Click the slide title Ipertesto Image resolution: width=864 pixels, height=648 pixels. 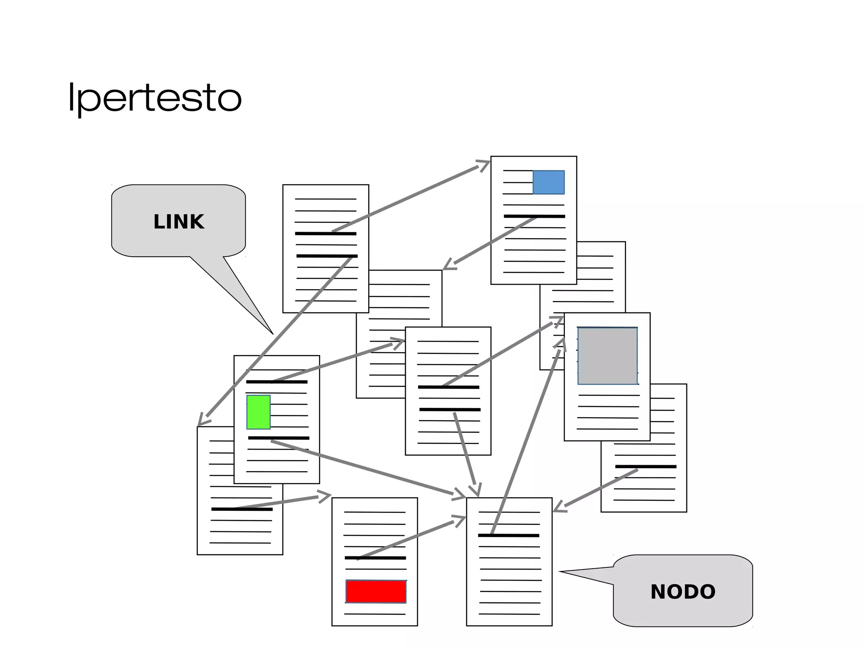click(154, 98)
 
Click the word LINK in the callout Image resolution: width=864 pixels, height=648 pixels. click(178, 222)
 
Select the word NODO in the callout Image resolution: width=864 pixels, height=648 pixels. click(683, 591)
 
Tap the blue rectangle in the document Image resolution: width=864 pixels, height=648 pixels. click(548, 182)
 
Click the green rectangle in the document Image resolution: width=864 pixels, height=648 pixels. click(259, 412)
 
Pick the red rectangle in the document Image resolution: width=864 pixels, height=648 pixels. click(376, 591)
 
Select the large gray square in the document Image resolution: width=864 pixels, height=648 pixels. click(607, 356)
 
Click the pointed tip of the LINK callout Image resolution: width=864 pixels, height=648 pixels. click(273, 333)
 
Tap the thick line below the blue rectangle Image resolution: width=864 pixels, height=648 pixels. click(534, 216)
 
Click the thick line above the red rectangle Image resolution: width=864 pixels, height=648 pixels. click(375, 558)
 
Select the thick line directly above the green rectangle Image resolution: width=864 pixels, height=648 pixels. click(277, 382)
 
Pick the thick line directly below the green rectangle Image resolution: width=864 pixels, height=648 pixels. click(278, 438)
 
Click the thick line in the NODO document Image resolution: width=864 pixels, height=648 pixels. click(508, 535)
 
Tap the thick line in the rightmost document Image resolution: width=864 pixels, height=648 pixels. click(645, 466)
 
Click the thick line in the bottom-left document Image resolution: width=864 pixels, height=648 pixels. click(242, 509)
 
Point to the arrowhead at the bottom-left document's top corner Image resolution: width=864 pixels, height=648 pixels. click(202, 421)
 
